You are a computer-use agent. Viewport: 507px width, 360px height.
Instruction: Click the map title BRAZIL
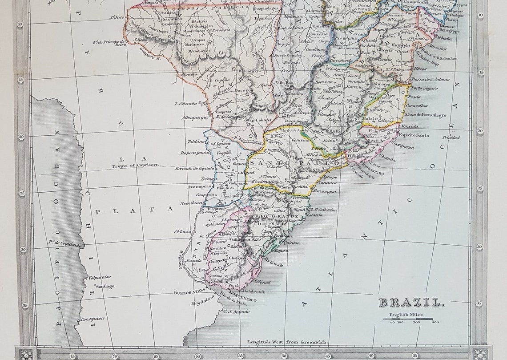coord(410,303)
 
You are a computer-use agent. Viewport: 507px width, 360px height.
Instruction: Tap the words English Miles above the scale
coord(407,315)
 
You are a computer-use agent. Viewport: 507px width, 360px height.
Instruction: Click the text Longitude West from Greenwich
coord(287,342)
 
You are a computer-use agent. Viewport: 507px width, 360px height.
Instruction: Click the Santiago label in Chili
coord(105,286)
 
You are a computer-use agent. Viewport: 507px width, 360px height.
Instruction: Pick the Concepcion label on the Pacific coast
coord(92,319)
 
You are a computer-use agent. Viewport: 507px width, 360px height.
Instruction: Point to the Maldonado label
coord(254,291)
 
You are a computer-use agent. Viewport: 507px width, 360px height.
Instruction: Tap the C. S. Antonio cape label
coord(236,311)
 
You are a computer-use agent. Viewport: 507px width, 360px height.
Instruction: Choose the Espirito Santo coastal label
coord(414,135)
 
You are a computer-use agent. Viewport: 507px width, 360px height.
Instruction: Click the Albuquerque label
coord(195,117)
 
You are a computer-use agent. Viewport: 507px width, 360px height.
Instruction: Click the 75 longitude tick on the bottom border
coord(73,356)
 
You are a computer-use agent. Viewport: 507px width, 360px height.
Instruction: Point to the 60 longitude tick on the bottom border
coord(197,356)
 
